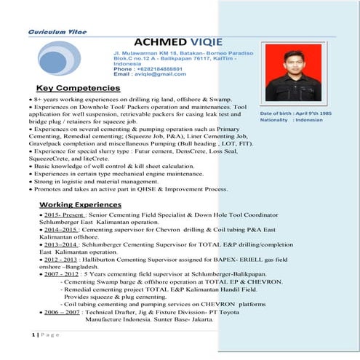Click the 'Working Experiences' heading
point(81,205)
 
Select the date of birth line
point(295,113)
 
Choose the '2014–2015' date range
point(57,228)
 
